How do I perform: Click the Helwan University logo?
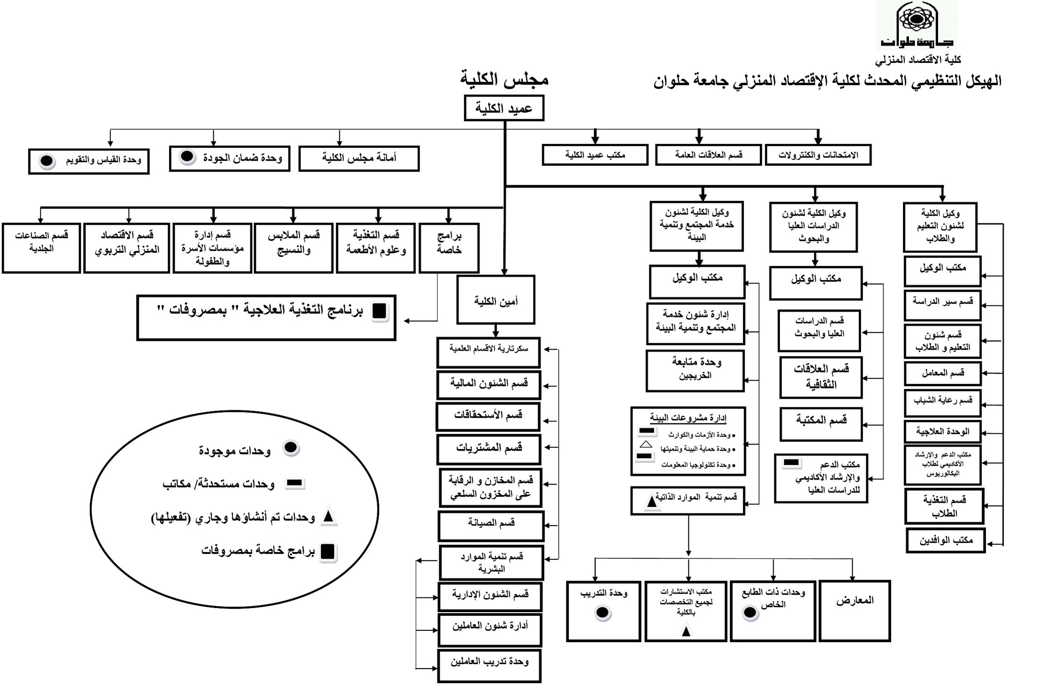click(x=917, y=25)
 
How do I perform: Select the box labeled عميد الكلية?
click(x=504, y=108)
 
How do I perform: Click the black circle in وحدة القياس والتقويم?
click(x=47, y=161)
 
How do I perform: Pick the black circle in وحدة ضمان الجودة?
click(x=187, y=157)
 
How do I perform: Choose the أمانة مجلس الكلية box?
click(x=359, y=159)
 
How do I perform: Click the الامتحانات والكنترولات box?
click(x=818, y=155)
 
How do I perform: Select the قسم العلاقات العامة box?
click(x=708, y=155)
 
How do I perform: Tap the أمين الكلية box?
click(x=496, y=300)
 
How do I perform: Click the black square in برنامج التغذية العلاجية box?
click(x=379, y=311)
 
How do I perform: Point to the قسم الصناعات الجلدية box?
click(x=41, y=248)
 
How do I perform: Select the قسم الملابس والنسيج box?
click(x=293, y=248)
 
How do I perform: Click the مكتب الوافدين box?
click(x=946, y=541)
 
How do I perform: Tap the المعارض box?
click(x=855, y=611)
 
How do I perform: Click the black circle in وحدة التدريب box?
click(x=602, y=613)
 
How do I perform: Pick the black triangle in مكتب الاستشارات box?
click(x=686, y=631)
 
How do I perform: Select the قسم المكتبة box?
click(x=821, y=424)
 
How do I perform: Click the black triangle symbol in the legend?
click(x=328, y=517)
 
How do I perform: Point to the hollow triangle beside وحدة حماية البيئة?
click(x=646, y=444)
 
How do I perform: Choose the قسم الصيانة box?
click(x=491, y=526)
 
